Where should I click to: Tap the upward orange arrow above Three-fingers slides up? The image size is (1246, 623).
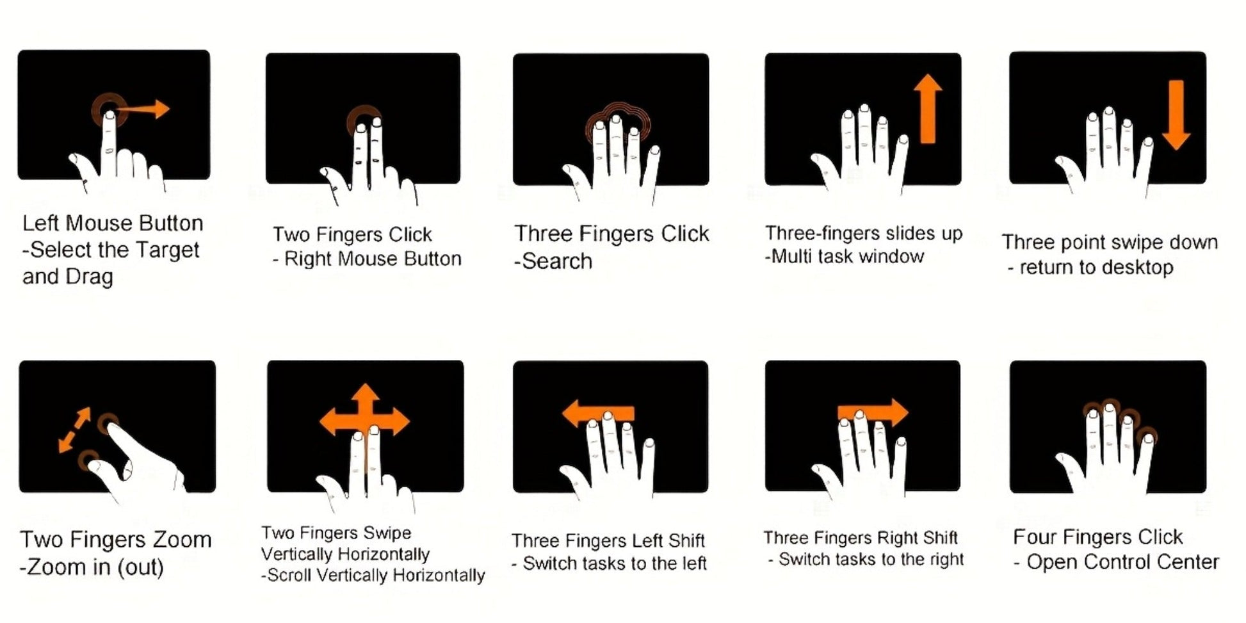[927, 108]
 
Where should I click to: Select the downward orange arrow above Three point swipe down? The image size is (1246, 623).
[1176, 115]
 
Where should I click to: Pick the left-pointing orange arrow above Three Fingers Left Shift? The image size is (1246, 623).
[598, 414]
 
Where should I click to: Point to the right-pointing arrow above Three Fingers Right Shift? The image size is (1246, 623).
[873, 412]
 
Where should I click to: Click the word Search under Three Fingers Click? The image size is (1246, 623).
[557, 261]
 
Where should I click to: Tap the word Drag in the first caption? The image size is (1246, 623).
[89, 277]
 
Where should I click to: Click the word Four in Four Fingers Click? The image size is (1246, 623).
[1035, 537]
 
